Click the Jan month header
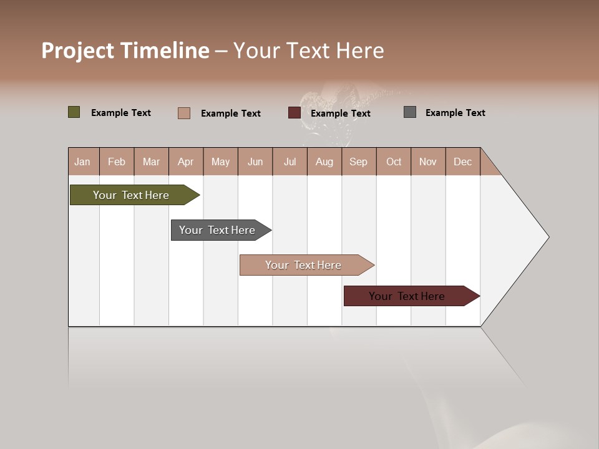(x=83, y=162)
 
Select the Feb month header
(x=117, y=162)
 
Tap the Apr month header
(x=186, y=162)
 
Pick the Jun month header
(x=255, y=162)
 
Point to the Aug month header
(x=324, y=162)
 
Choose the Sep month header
(x=359, y=162)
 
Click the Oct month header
(x=394, y=162)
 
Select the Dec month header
(x=463, y=162)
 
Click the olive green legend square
(x=74, y=112)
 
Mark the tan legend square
(x=184, y=113)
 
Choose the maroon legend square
(x=295, y=113)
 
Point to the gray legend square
(x=410, y=112)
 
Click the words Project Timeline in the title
(x=125, y=51)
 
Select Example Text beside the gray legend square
(x=455, y=113)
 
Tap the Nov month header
(x=428, y=162)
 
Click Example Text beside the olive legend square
(x=120, y=113)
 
